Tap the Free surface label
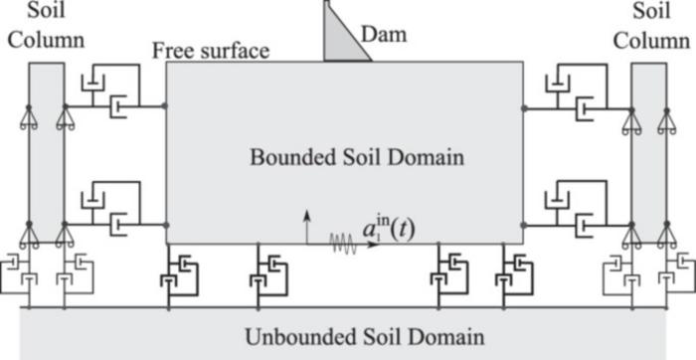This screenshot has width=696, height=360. tap(211, 51)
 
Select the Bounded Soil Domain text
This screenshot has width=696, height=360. tap(344, 157)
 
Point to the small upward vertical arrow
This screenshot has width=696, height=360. tap(307, 223)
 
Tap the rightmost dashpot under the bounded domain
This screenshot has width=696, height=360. tap(516, 273)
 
